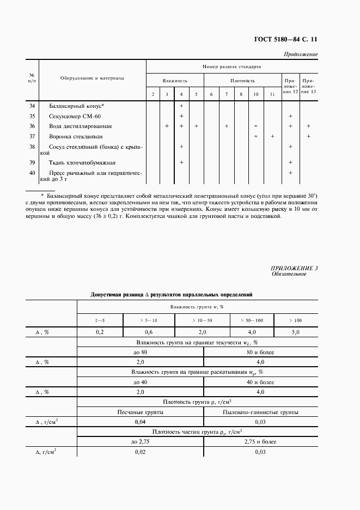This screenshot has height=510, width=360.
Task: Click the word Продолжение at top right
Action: point(301,55)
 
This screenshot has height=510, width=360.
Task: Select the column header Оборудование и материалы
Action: point(92,78)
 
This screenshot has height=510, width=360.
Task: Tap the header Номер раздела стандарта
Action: point(231,66)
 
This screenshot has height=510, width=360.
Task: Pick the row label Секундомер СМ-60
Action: point(75,116)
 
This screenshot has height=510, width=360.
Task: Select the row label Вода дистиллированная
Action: point(80,126)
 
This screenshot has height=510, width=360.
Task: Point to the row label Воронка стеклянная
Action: point(76,136)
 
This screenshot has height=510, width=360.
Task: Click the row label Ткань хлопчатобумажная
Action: point(82,162)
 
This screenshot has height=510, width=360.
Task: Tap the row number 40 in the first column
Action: point(32,173)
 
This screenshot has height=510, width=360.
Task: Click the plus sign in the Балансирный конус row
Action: point(181,106)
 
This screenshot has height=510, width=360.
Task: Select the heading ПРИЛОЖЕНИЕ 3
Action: point(294,268)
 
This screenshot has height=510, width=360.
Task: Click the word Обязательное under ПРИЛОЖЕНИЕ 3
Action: point(289,274)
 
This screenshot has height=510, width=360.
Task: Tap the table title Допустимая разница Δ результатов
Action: point(171,294)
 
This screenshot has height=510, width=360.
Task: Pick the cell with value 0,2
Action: point(100,332)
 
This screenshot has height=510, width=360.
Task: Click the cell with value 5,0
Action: point(295,332)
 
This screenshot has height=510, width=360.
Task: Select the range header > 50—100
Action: point(251,320)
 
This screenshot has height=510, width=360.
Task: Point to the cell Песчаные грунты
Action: point(140,412)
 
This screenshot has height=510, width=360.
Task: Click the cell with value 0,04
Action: point(140,422)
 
